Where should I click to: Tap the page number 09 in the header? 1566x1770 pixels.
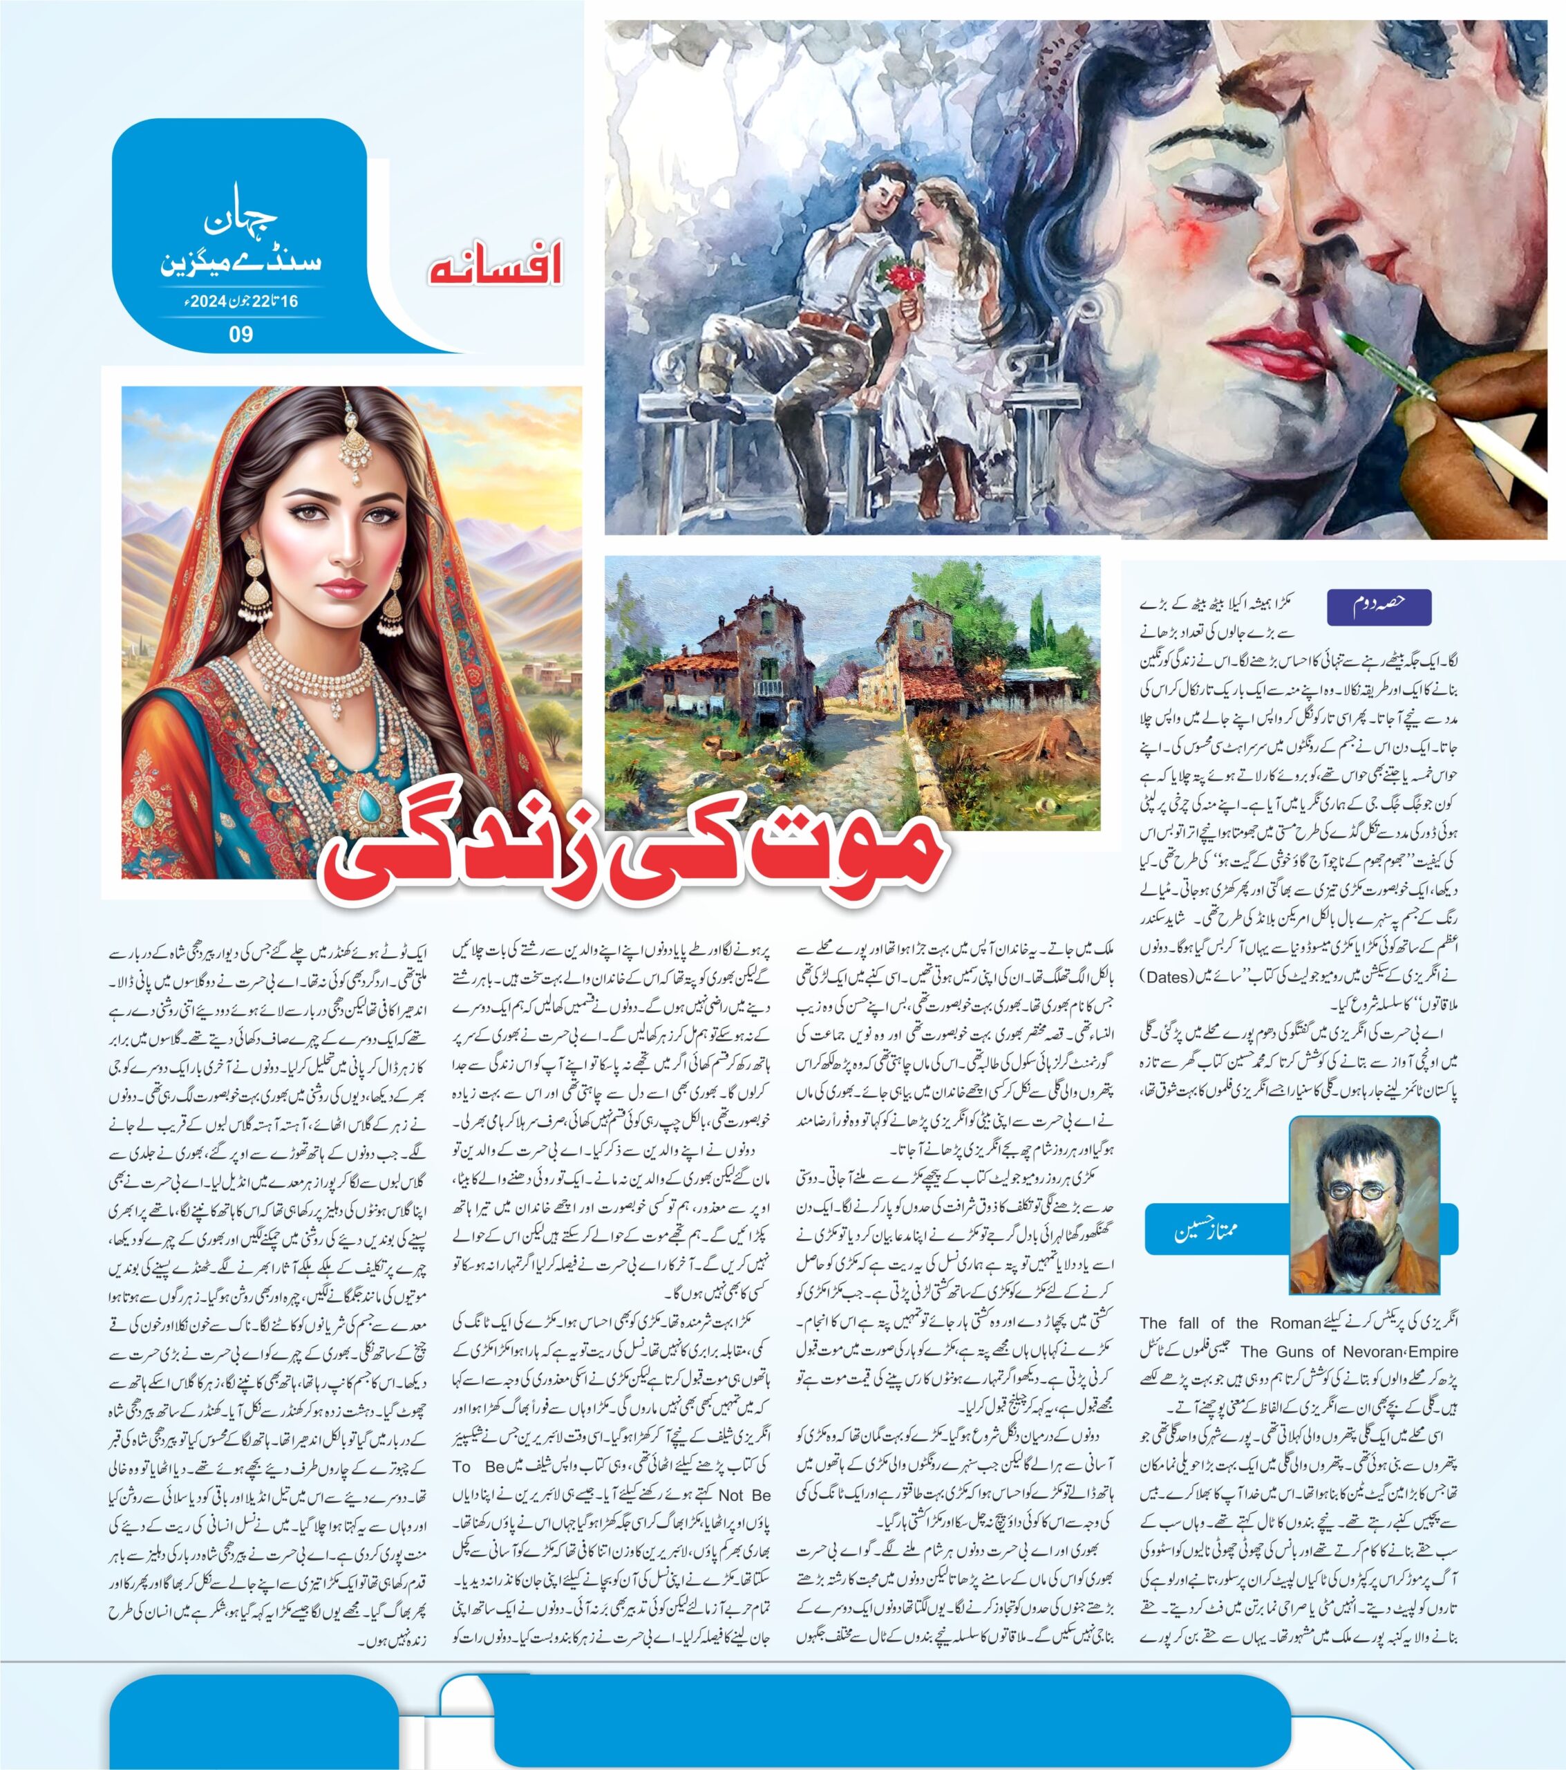coord(240,333)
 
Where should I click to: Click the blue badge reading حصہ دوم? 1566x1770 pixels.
coord(1378,607)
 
